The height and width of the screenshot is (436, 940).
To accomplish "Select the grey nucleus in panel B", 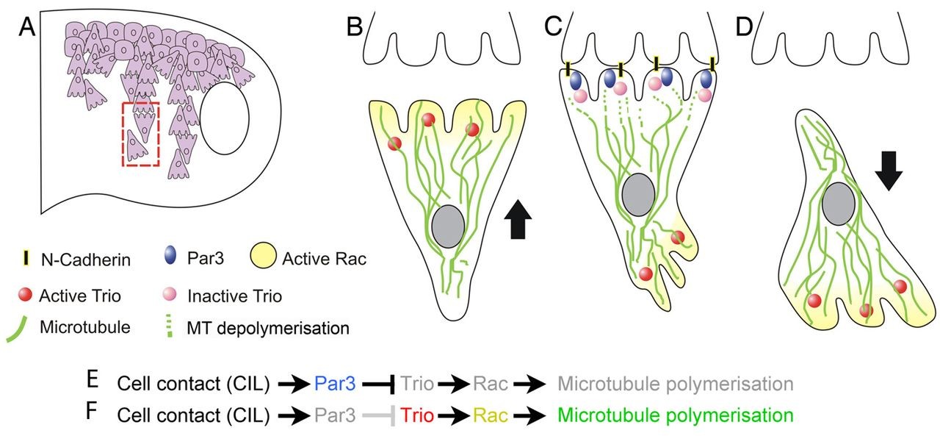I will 448,230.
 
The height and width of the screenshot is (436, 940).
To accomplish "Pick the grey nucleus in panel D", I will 839,205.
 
